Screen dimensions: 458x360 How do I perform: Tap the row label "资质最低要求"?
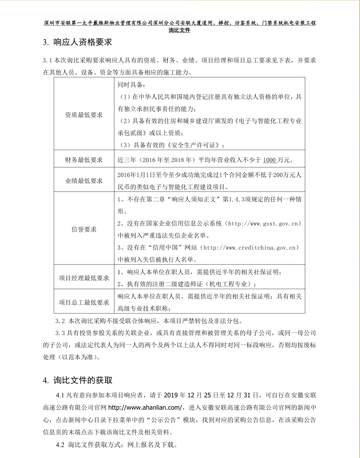84,114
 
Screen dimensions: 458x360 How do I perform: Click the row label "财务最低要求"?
84,160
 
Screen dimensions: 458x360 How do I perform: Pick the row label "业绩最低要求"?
84,181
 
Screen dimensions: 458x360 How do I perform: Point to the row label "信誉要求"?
84,229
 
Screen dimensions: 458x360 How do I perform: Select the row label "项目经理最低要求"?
84,278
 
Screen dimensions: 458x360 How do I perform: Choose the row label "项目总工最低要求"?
84,302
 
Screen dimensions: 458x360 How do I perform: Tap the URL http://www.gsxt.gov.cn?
262,224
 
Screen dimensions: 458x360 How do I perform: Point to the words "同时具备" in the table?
130,85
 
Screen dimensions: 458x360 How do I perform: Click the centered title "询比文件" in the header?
180,30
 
